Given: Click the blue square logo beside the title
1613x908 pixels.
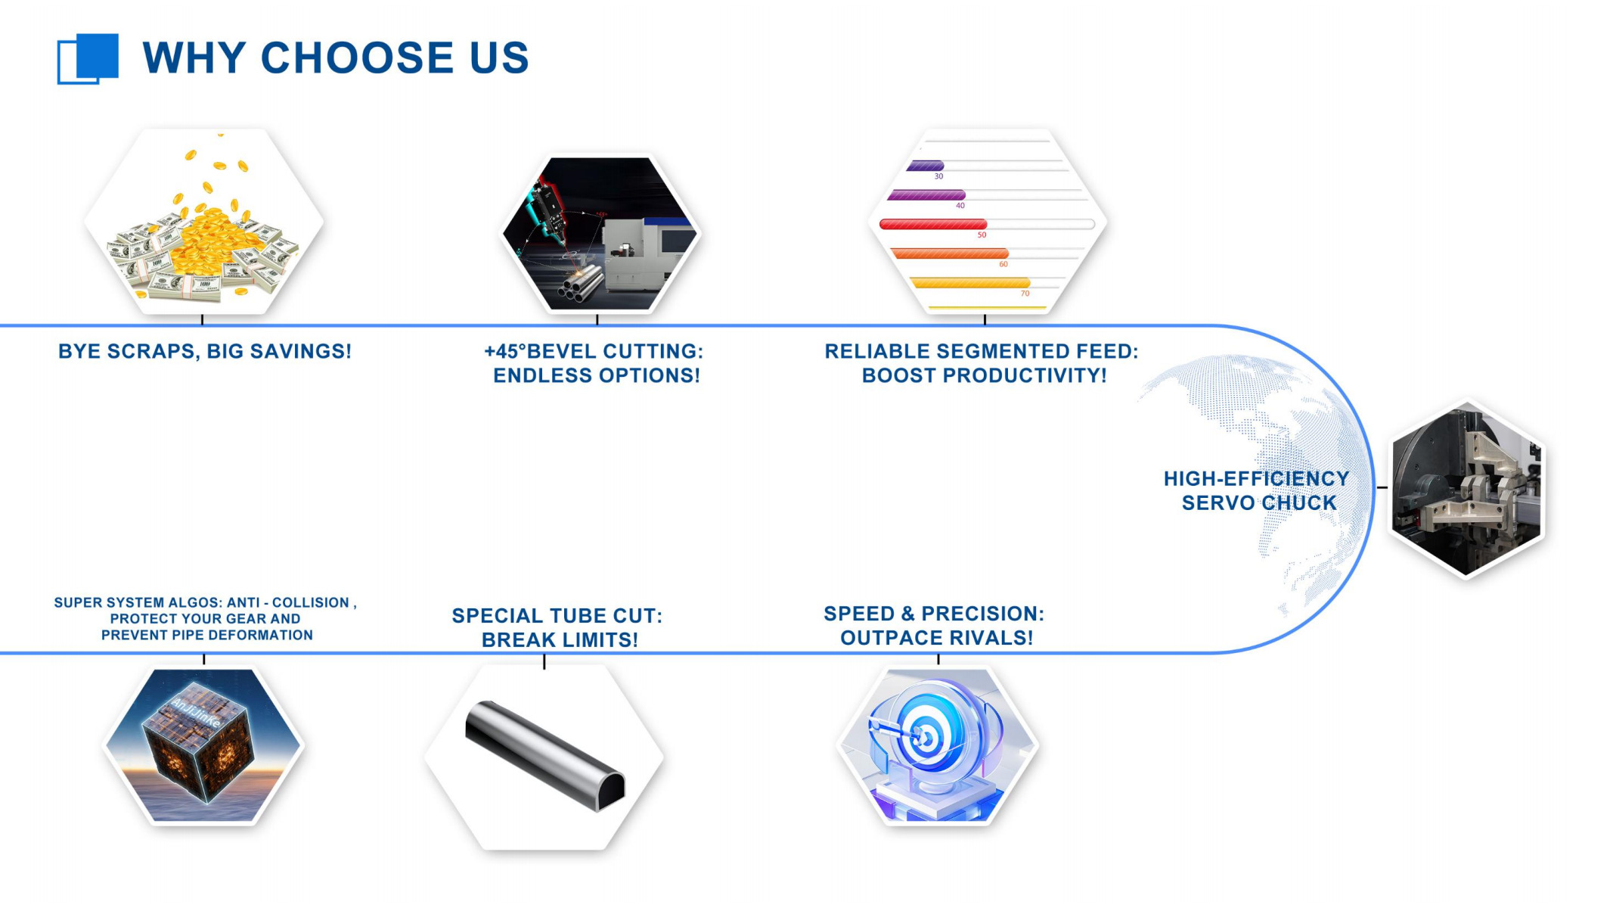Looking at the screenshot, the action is click(88, 58).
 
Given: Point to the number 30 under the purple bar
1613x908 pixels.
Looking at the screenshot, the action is click(938, 176).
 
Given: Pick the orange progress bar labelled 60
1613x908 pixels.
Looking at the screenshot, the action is click(950, 253).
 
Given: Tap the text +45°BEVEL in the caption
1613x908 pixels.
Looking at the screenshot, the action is click(535, 351).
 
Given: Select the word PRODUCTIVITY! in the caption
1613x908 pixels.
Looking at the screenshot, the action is click(1022, 376).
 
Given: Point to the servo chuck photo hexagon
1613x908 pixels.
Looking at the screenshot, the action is click(1466, 489).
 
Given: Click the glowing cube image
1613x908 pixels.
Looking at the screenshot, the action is click(203, 745).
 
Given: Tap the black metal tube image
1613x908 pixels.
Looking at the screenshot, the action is click(544, 756).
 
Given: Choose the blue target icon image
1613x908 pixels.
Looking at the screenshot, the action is click(938, 745).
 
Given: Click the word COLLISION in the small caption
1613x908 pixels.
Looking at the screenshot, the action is click(311, 603).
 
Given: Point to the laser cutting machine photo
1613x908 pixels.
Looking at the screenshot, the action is click(600, 233).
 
